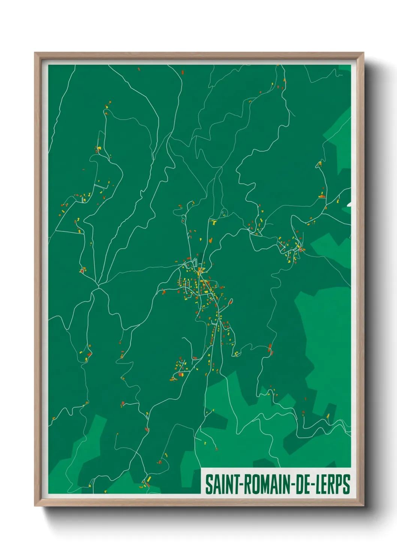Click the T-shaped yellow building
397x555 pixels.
click(214, 222)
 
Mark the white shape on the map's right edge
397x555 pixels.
click(349, 204)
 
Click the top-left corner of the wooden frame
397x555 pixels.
click(35, 53)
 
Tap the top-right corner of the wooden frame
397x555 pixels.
click(363, 53)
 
